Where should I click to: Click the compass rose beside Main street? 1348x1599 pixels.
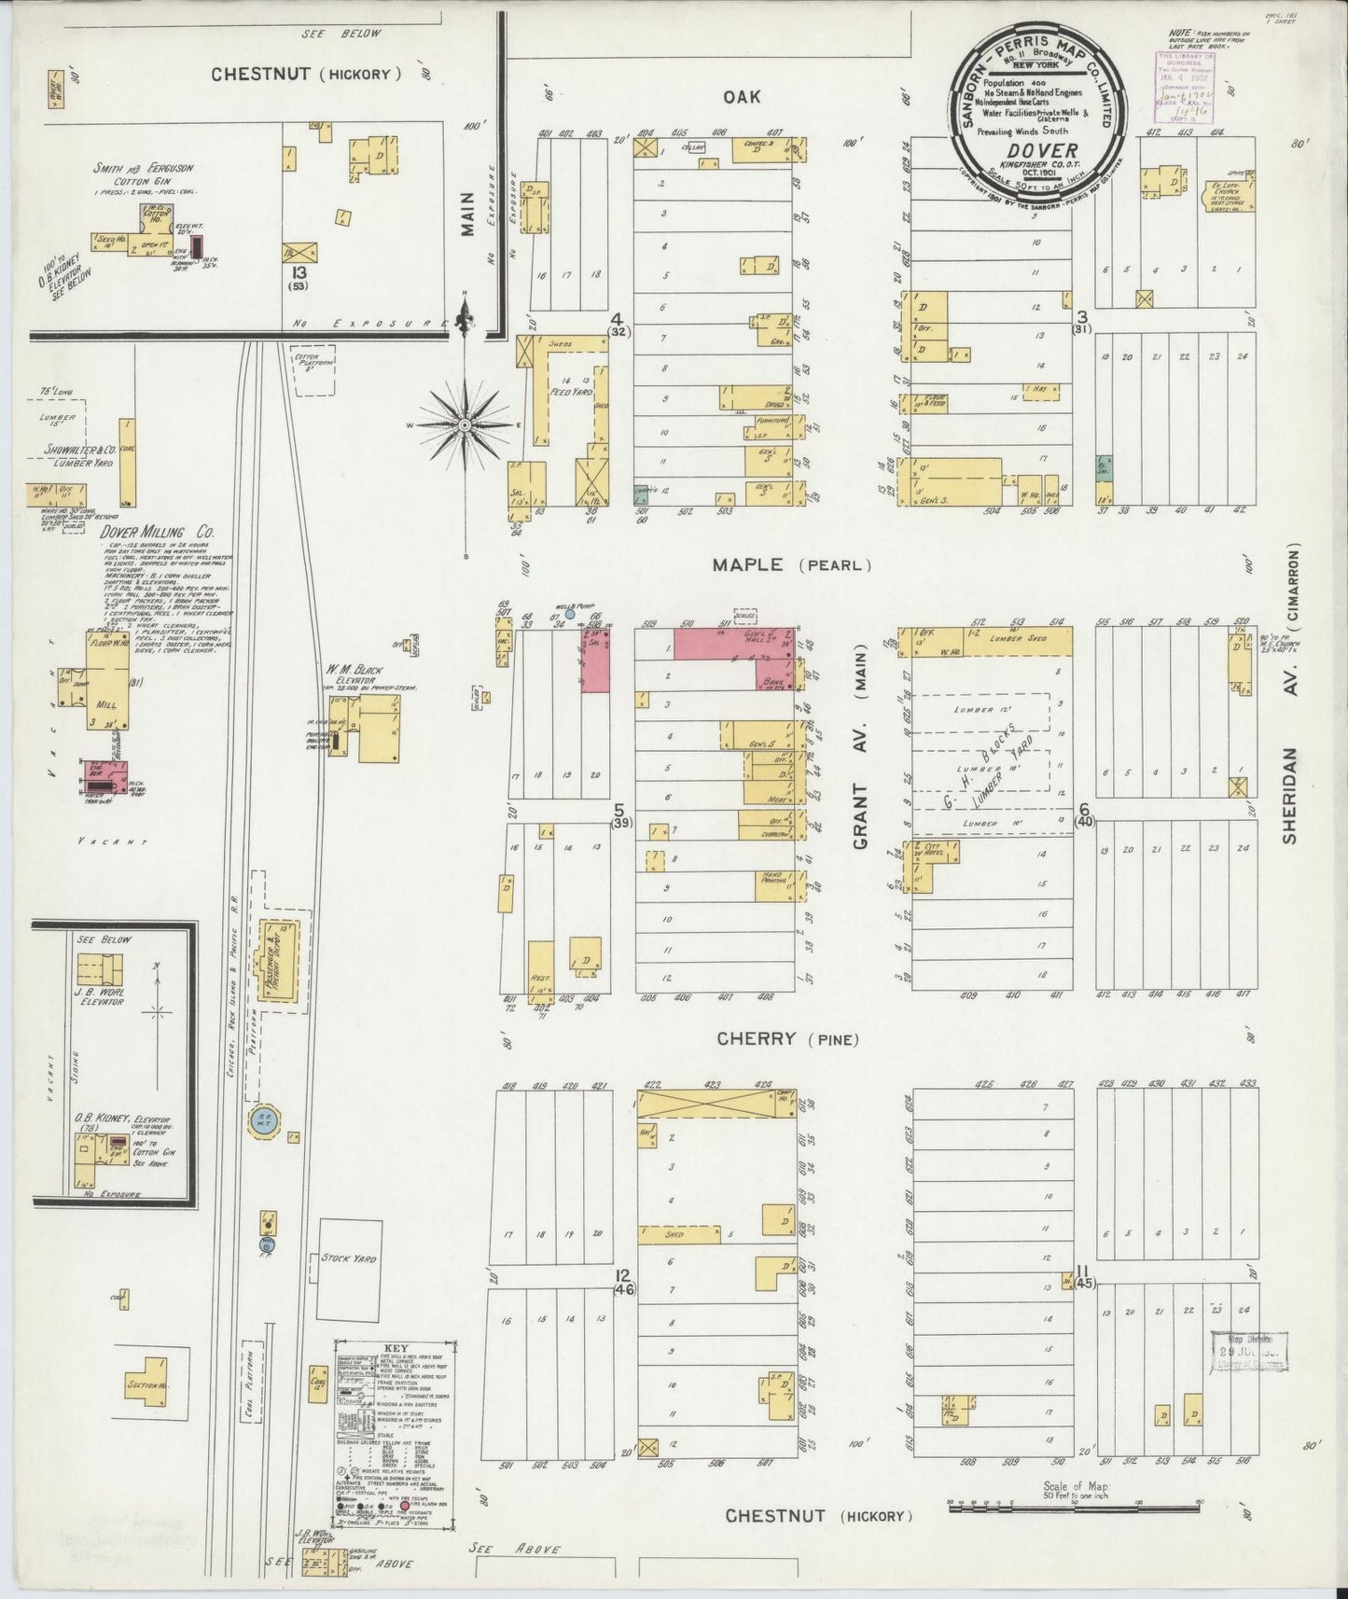pos(464,425)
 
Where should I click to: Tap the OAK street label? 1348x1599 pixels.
pos(741,97)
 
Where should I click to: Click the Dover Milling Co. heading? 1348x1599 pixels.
pos(157,532)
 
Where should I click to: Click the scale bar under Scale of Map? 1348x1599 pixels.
pos(1073,1531)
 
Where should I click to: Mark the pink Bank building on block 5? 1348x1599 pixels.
pos(774,680)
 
